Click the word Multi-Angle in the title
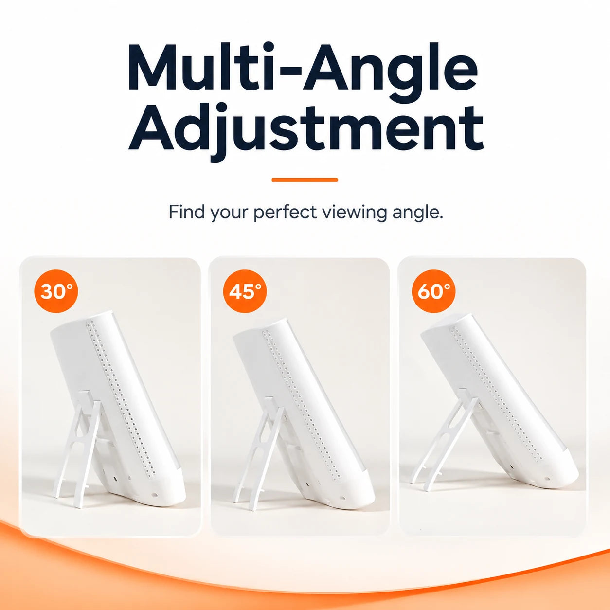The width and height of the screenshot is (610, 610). point(303,67)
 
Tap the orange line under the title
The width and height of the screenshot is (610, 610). point(305,180)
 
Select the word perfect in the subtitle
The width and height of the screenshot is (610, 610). point(285,212)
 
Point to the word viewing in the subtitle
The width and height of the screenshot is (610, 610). point(355,213)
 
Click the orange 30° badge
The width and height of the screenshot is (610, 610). point(56,291)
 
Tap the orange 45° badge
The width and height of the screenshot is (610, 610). point(245,291)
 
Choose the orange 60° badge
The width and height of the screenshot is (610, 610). point(434,291)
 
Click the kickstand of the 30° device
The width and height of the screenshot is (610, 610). point(79,449)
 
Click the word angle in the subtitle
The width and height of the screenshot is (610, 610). point(418,213)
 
